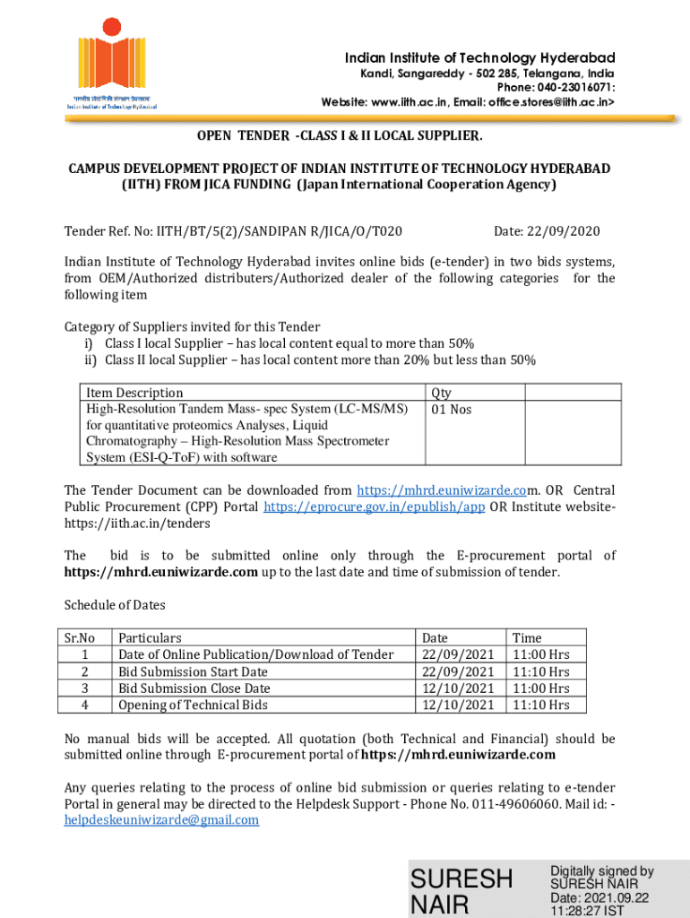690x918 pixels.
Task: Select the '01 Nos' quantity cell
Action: click(x=452, y=410)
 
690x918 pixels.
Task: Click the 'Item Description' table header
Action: click(x=134, y=393)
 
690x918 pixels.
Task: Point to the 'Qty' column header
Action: click(x=441, y=393)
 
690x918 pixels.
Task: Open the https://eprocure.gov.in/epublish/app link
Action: click(x=374, y=507)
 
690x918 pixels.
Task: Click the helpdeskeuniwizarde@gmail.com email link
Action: click(x=161, y=819)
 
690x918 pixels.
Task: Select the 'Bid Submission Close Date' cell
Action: click(x=194, y=688)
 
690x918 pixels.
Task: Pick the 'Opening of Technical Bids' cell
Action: click(x=193, y=705)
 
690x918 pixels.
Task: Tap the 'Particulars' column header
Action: click(x=151, y=637)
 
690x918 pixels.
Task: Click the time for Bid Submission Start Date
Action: click(x=540, y=671)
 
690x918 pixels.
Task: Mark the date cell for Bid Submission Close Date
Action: click(x=457, y=688)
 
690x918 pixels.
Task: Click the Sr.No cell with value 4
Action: click(x=84, y=705)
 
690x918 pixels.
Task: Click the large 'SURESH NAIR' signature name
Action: click(x=461, y=891)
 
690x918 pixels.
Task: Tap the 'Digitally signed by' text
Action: click(x=602, y=871)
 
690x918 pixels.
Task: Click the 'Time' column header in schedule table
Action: click(x=526, y=637)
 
